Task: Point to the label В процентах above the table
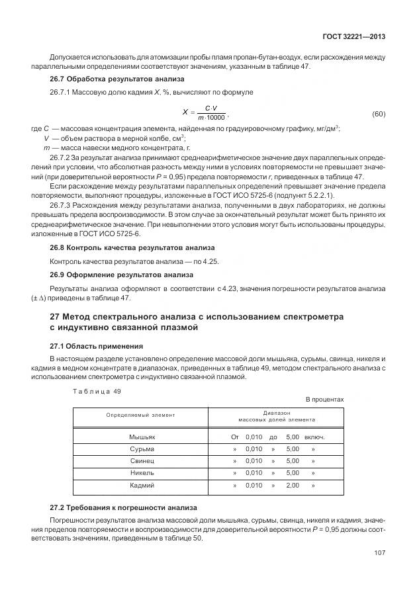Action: tap(324, 400)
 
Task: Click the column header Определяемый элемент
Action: tap(140, 415)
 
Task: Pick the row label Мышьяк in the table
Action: tap(141, 437)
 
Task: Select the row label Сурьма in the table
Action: tap(141, 449)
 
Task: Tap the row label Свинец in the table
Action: tap(141, 461)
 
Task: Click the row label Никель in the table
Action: tap(141, 473)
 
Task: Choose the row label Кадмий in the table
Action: tap(141, 485)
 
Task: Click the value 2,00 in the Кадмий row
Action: tap(292, 485)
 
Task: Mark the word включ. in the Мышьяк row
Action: tap(314, 437)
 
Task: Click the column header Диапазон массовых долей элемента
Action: tap(277, 415)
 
